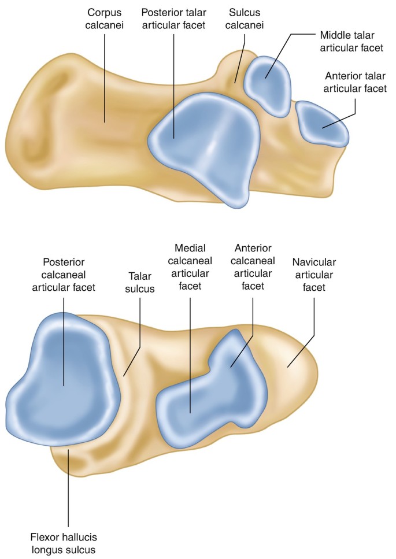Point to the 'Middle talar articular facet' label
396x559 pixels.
point(347,40)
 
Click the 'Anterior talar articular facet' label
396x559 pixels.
point(355,82)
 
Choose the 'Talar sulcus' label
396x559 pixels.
point(140,281)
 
